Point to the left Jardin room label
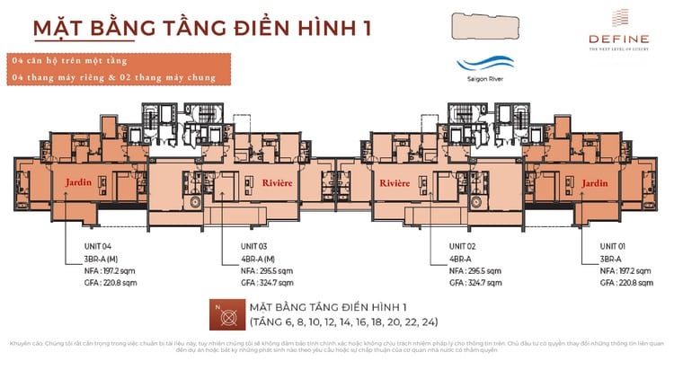(x=79, y=182)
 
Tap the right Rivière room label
(x=394, y=182)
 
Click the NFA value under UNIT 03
(x=266, y=270)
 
